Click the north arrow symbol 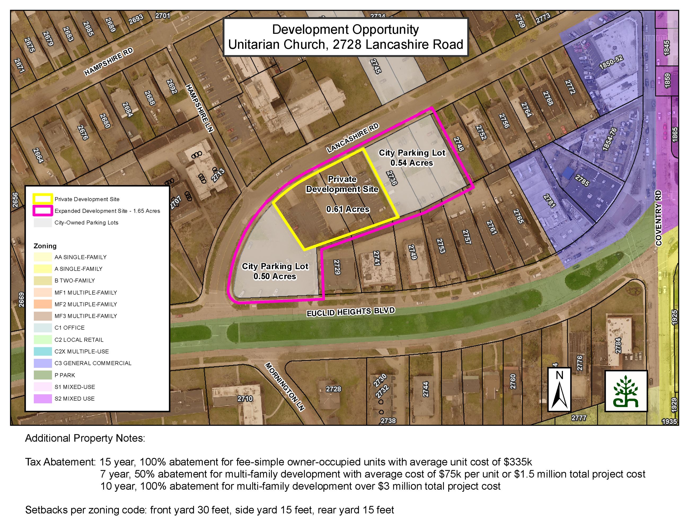point(559,390)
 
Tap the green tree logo point(626,391)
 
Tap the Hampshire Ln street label point(199,108)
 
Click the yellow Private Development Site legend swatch point(43,199)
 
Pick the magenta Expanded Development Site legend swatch point(43,211)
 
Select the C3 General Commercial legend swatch point(43,363)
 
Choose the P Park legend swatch point(43,375)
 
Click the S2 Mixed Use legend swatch point(43,398)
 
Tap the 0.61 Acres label point(348,209)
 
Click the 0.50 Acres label point(275,276)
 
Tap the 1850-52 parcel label point(611,62)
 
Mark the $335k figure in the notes point(518,462)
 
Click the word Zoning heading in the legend point(45,246)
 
